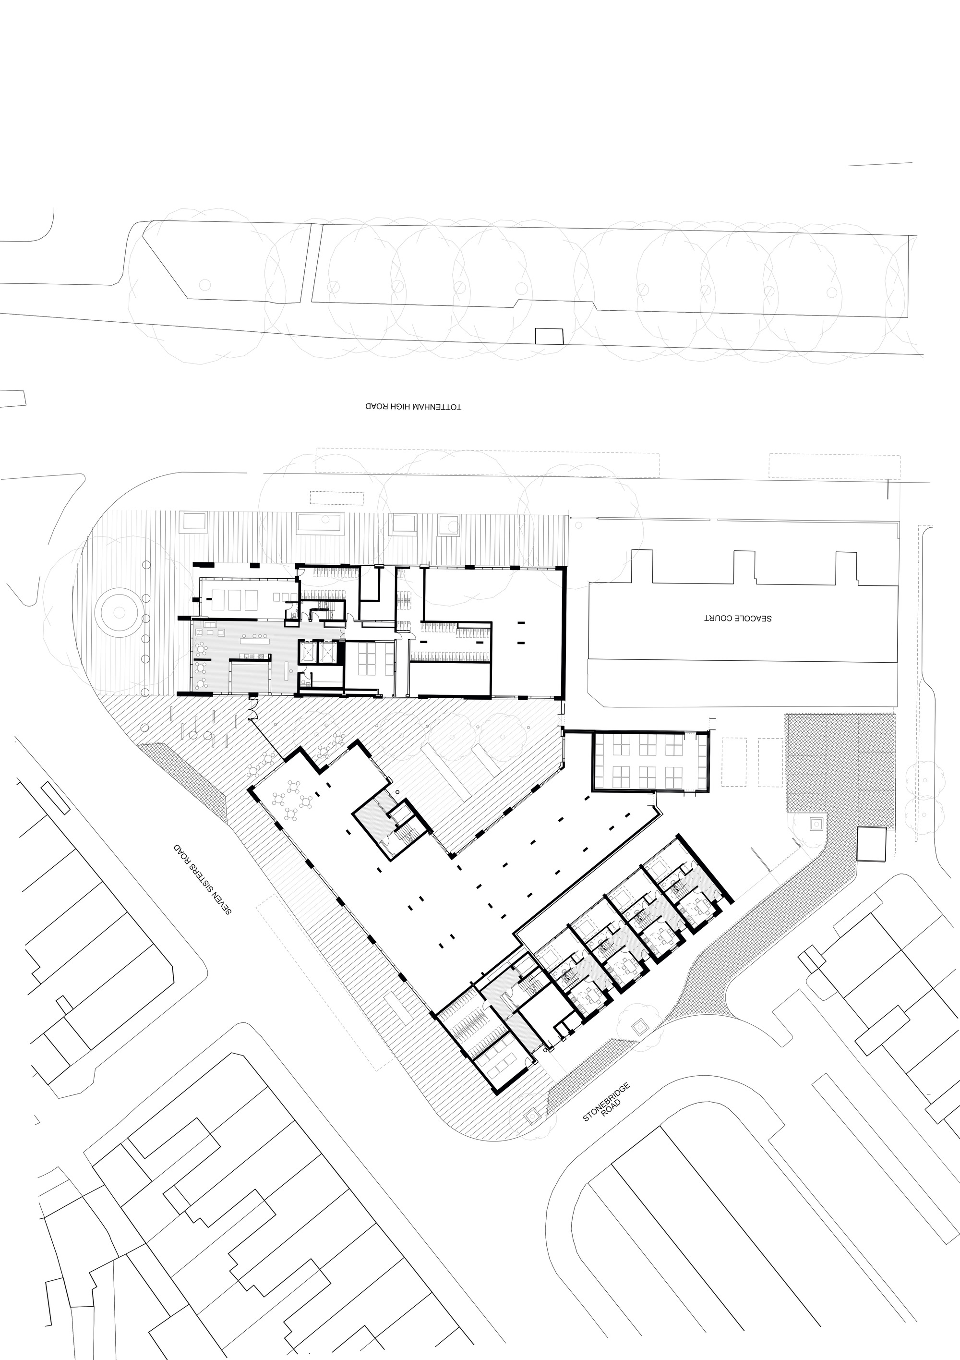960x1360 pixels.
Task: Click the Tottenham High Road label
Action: (413, 408)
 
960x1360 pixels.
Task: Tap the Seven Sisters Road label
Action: (202, 879)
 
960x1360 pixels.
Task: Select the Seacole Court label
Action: (737, 618)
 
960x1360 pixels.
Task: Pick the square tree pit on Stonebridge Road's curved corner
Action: (638, 1028)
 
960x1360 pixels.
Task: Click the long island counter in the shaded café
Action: (254, 638)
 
